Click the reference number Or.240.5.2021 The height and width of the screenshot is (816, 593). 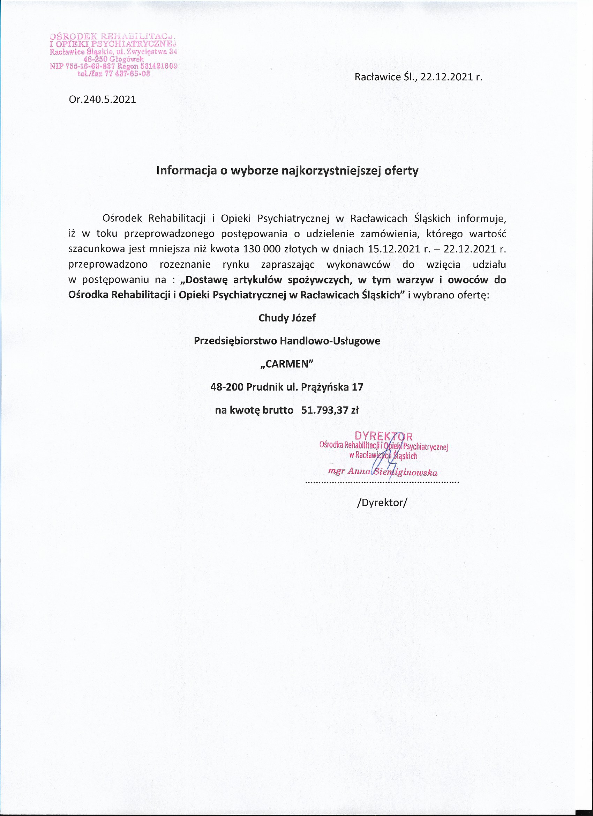pos(103,99)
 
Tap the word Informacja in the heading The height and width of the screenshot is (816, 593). pos(187,170)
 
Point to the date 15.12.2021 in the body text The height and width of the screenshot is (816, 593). pos(394,249)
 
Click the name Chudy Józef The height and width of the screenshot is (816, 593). pos(287,318)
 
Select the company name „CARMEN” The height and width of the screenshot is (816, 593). pos(287,364)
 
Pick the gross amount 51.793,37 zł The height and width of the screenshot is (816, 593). pos(330,410)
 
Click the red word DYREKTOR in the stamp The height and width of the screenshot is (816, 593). pos(383,436)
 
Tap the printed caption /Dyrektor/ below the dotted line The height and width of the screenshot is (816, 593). pos(382,503)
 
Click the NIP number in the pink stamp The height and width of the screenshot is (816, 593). pos(82,66)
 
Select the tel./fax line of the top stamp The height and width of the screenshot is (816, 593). pos(114,74)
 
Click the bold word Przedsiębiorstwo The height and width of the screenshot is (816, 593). pos(235,341)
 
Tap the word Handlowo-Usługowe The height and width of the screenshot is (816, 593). pos(330,341)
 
